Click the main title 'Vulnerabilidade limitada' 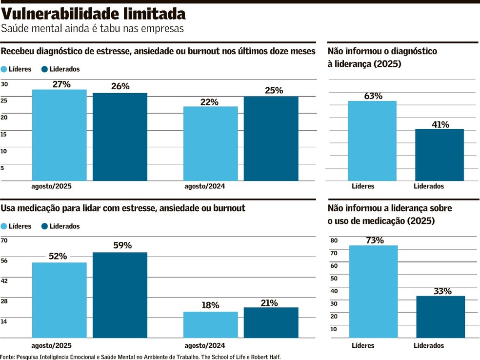93,14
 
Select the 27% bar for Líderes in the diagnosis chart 60,135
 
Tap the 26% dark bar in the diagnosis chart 120,137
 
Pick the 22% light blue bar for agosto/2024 211,143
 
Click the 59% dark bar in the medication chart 120,295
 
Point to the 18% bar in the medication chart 211,324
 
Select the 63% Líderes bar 372,140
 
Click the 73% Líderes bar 373,291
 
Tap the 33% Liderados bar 440,317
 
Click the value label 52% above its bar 58,256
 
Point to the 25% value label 274,90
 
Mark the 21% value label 269,303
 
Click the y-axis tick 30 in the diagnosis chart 4,84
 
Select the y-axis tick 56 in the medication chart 4,261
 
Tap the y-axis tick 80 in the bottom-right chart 334,240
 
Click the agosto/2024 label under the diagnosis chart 204,186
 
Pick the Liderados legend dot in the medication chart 45,226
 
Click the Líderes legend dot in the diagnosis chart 4,69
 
